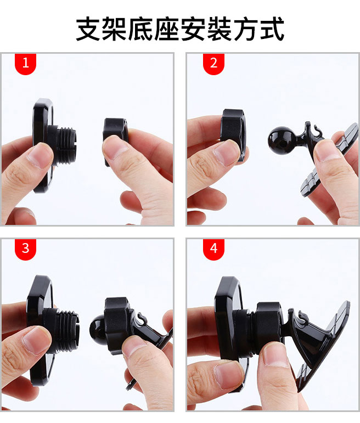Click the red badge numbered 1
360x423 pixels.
point(25,64)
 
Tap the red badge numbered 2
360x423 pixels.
point(213,64)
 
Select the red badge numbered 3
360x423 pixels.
point(25,249)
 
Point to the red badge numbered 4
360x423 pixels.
point(213,249)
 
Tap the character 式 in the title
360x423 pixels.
point(272,29)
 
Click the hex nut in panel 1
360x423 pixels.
point(115,138)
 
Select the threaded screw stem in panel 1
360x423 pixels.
point(66,145)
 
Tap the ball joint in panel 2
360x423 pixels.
point(279,141)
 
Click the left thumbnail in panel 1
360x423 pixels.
point(41,156)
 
